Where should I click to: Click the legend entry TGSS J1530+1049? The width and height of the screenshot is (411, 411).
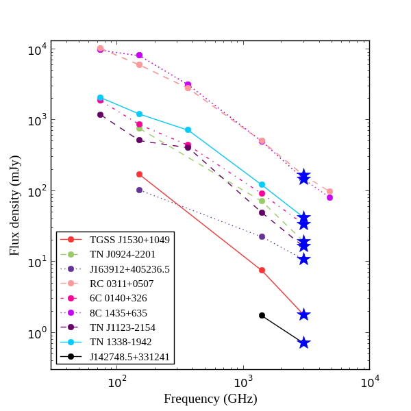pyautogui.click(x=130, y=240)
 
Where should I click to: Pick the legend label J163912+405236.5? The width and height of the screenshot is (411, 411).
pyautogui.click(x=129, y=269)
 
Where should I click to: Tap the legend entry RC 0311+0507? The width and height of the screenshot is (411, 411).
pyautogui.click(x=121, y=284)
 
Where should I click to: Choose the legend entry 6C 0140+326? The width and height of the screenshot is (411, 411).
pyautogui.click(x=118, y=298)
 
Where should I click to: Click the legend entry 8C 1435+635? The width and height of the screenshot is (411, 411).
pyautogui.click(x=118, y=313)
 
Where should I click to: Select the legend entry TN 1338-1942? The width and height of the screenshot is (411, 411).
pyautogui.click(x=121, y=342)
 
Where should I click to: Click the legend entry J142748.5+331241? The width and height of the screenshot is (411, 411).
pyautogui.click(x=129, y=357)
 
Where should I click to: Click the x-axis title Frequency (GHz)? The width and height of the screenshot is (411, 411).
pyautogui.click(x=210, y=399)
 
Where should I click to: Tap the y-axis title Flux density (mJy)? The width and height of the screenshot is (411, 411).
pyautogui.click(x=14, y=206)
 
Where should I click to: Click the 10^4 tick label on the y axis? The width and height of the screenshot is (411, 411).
pyautogui.click(x=36, y=49)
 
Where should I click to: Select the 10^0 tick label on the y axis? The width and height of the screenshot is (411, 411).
pyautogui.click(x=36, y=334)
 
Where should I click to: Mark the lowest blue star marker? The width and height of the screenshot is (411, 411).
pyautogui.click(x=303, y=342)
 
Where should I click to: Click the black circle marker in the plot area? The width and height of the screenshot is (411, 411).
pyautogui.click(x=262, y=315)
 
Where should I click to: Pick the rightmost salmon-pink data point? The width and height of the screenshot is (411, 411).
pyautogui.click(x=329, y=192)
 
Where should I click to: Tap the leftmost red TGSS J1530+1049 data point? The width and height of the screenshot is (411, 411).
pyautogui.click(x=139, y=174)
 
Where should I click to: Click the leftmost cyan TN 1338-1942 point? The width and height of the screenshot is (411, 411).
pyautogui.click(x=100, y=98)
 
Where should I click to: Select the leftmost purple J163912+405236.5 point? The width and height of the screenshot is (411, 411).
pyautogui.click(x=139, y=190)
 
